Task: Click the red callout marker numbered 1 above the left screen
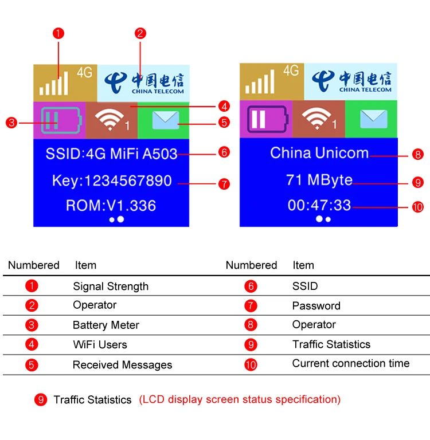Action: point(58,33)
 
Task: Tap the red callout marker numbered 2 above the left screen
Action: point(140,33)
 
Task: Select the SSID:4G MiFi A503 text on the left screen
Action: point(111,154)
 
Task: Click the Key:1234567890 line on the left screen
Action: point(111,181)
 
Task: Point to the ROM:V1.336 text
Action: point(111,206)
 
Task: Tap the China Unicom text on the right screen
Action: point(319,153)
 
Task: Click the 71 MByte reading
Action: point(319,180)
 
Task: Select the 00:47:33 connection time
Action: point(319,205)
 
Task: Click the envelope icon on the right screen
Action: point(374,119)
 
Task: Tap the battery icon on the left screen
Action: point(60,120)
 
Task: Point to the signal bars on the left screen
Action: point(54,82)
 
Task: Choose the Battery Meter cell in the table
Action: point(106,325)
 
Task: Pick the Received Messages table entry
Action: point(122,365)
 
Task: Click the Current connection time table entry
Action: point(350,364)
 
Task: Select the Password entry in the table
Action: point(316,306)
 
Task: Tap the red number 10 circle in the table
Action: point(251,365)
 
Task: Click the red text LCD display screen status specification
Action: point(240,400)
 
